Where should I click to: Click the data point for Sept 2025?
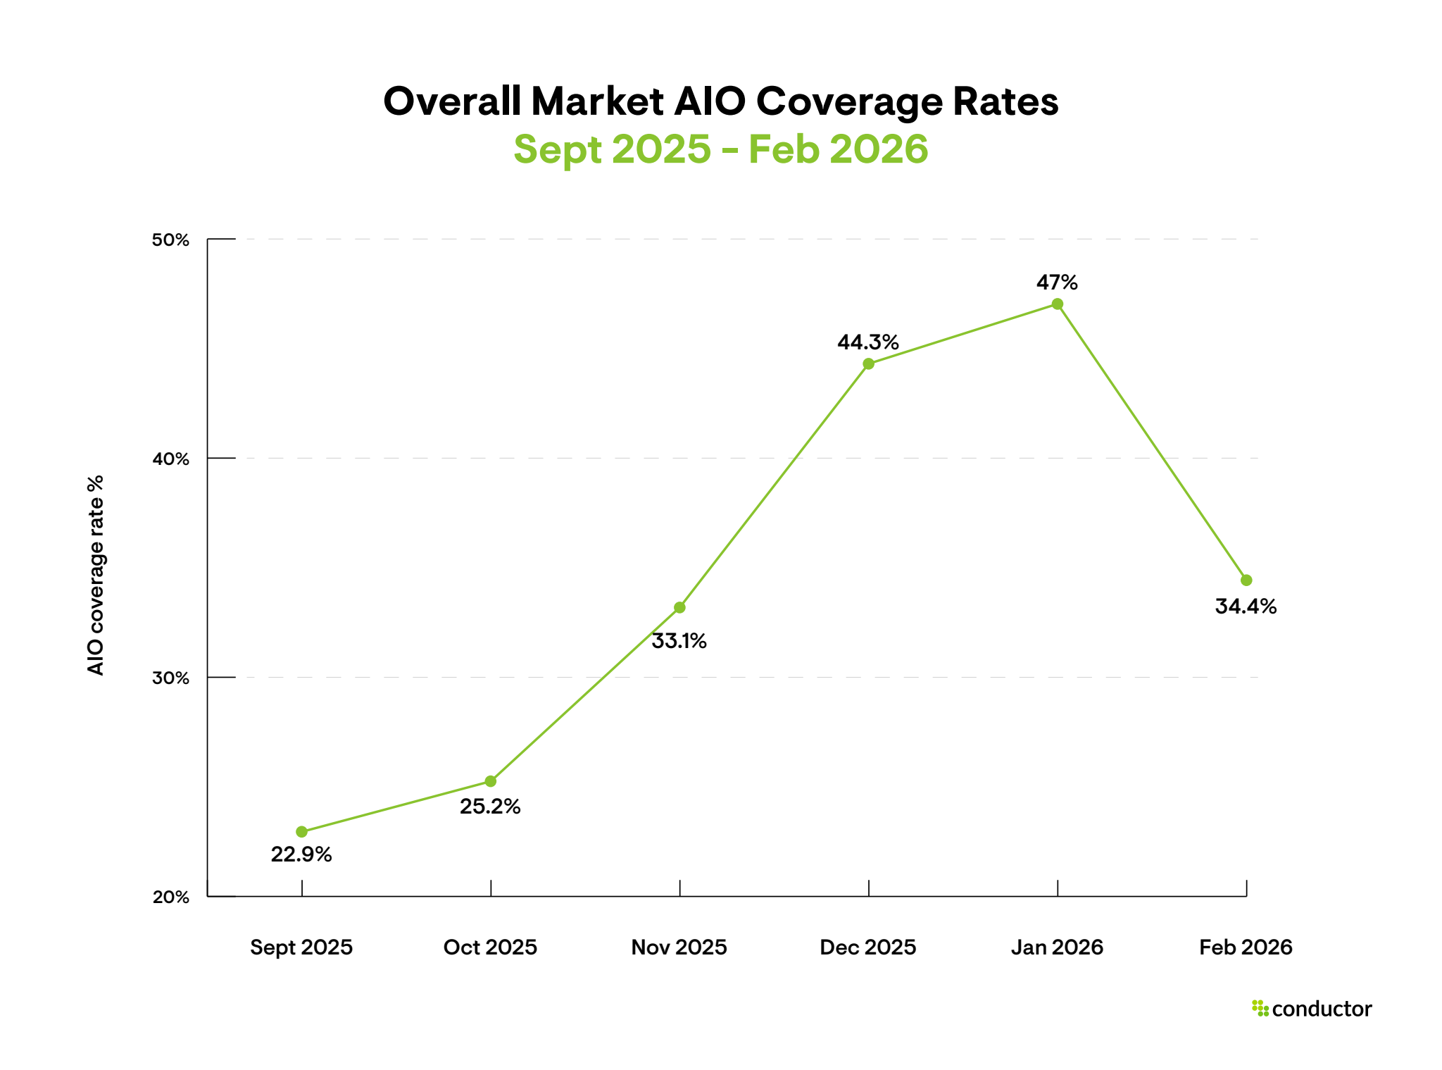coord(301,832)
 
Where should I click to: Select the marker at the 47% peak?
coord(1057,304)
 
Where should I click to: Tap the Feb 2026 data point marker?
coord(1246,580)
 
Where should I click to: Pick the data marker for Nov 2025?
coord(679,607)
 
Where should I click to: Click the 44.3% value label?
coord(867,342)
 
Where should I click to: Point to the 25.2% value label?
coord(490,807)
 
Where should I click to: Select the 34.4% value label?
coord(1246,606)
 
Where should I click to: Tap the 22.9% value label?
coord(301,854)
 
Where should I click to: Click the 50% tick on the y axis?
coord(171,240)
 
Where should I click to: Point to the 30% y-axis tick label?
coord(171,678)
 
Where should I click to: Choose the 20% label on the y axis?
coord(171,897)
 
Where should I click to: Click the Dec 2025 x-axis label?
coord(867,947)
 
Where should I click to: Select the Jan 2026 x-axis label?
coord(1057,947)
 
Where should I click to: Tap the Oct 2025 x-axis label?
coord(490,947)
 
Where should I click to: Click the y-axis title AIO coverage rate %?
coord(96,575)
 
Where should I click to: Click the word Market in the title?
coord(597,101)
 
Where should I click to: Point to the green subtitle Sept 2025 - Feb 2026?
coord(720,149)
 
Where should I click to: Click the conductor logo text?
coord(1322,1009)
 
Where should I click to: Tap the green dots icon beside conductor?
coord(1260,1008)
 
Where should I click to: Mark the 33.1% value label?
coord(679,641)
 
